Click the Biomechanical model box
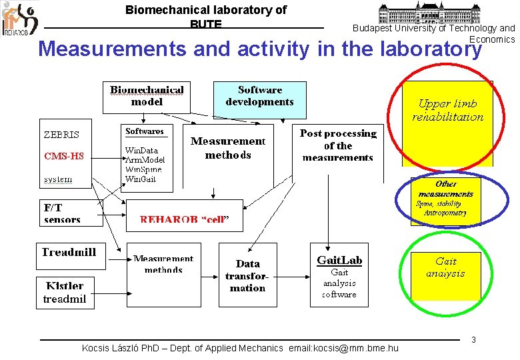click(147, 97)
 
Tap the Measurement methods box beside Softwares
click(227, 148)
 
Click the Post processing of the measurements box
click(338, 145)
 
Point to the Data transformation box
click(247, 275)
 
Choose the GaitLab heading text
click(339, 259)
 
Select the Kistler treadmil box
click(65, 292)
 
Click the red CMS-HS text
click(64, 157)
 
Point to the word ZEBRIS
click(61, 134)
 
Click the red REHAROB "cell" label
click(184, 219)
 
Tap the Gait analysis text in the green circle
click(445, 267)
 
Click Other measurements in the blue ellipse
click(445, 189)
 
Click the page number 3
click(473, 340)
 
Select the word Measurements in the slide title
click(113, 49)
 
